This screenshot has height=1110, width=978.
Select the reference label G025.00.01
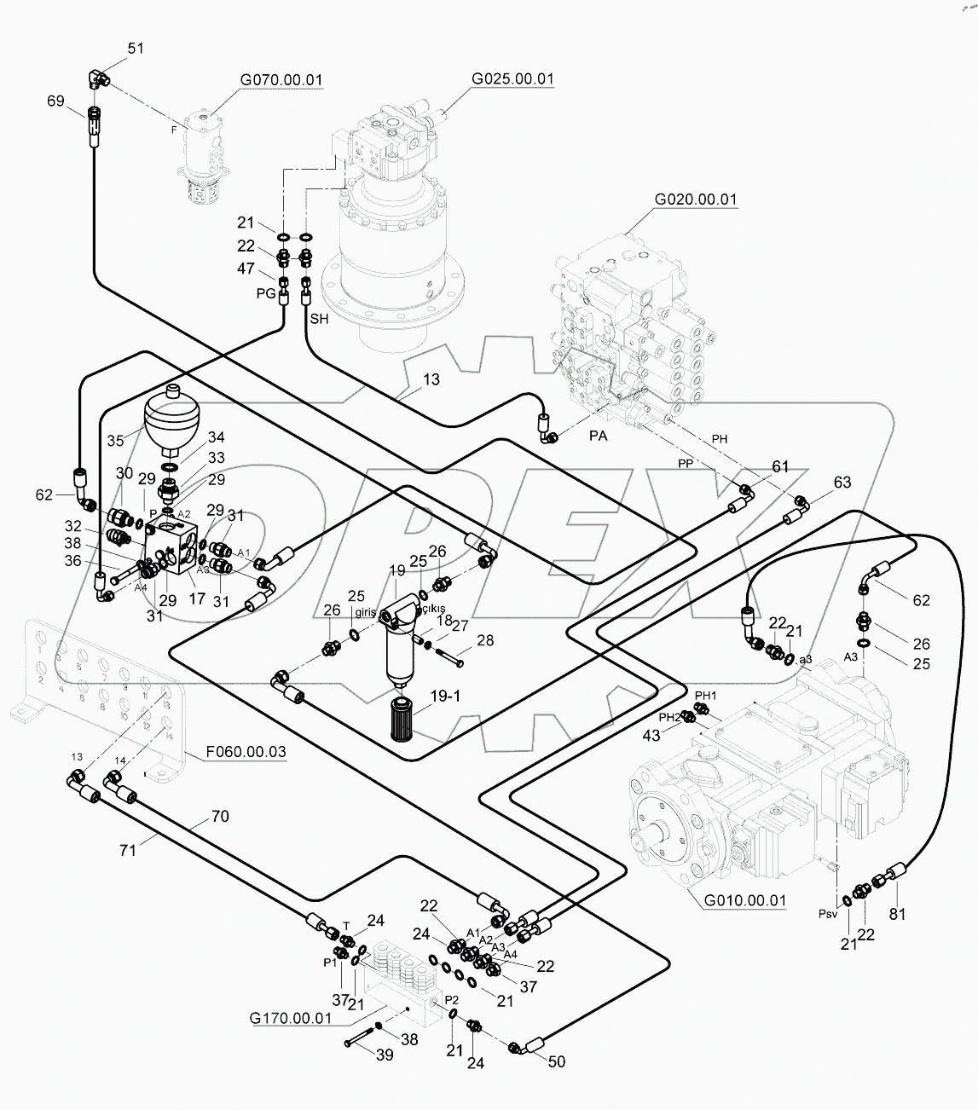click(512, 79)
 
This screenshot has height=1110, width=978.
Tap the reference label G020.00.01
click(696, 199)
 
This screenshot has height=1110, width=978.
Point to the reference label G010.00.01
click(744, 899)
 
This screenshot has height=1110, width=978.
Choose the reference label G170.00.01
click(291, 1018)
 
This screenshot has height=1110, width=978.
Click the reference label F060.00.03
click(246, 752)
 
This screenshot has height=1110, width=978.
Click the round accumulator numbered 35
click(172, 421)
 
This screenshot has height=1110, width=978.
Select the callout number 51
click(136, 49)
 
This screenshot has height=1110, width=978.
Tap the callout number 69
click(55, 102)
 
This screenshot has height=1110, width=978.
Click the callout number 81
click(898, 914)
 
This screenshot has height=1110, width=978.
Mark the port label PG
click(265, 292)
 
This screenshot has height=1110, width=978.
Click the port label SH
click(319, 319)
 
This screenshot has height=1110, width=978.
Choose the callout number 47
click(246, 269)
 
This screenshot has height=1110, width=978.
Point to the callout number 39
click(385, 1055)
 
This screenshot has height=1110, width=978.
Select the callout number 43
click(651, 736)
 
